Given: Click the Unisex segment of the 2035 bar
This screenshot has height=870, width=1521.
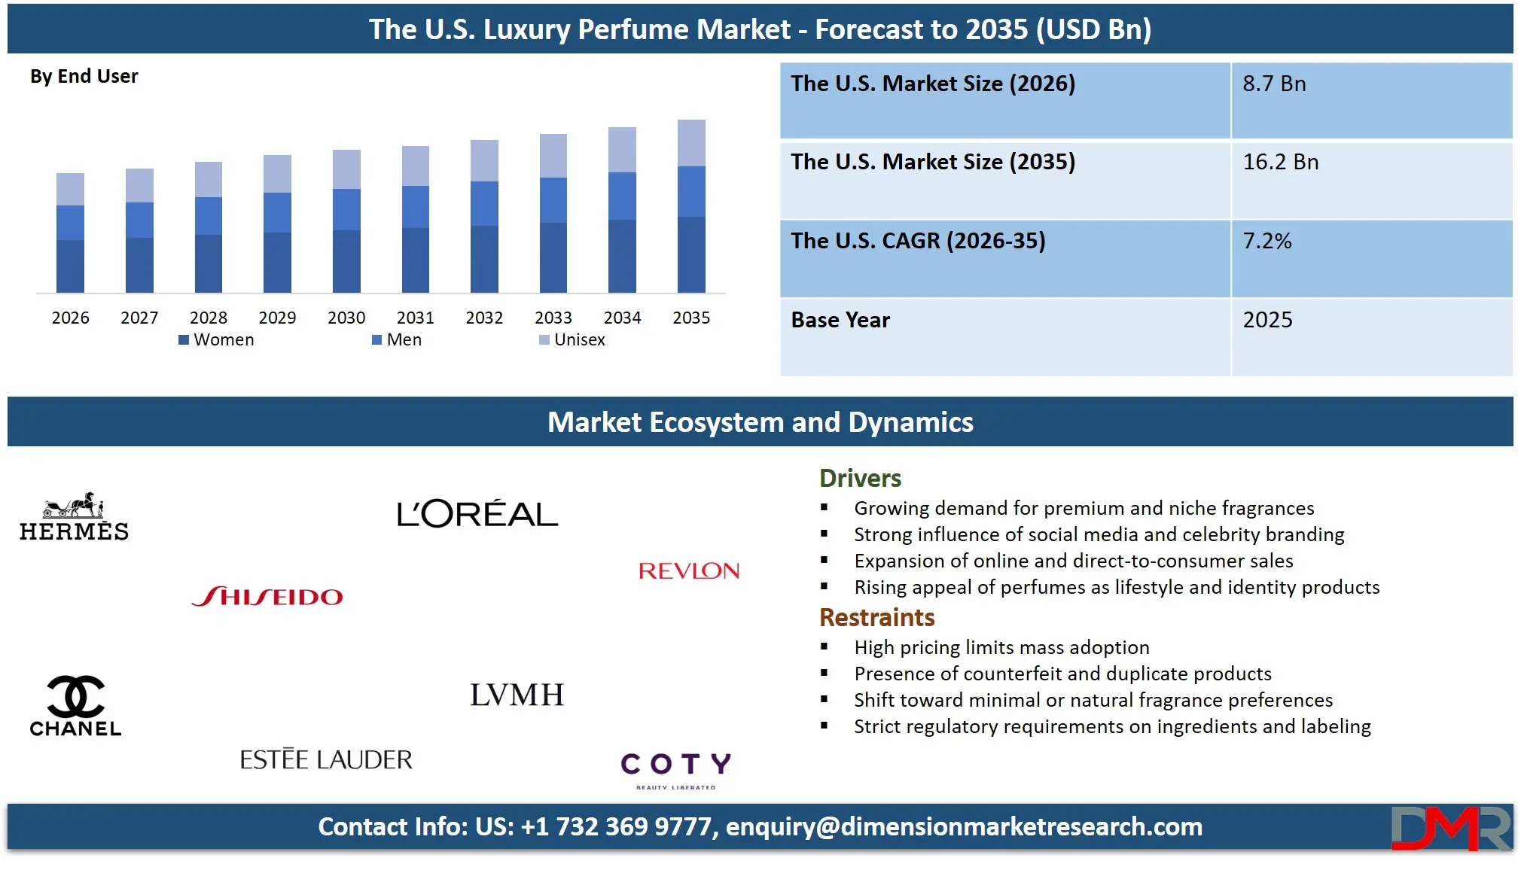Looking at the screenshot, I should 691,143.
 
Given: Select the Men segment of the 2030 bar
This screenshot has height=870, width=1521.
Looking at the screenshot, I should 346,209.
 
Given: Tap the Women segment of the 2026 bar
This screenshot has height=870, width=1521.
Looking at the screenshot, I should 70,266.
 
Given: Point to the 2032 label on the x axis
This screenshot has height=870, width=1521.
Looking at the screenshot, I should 484,318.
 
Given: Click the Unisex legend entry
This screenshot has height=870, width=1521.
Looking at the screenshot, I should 572,340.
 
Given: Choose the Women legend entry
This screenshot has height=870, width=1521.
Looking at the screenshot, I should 217,340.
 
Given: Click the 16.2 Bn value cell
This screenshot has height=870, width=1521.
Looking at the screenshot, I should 1280,163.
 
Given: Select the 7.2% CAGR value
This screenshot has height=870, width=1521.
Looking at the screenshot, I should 1266,242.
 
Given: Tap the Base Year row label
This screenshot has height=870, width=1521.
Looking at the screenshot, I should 840,321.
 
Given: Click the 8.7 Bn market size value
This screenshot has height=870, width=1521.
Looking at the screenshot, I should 1274,84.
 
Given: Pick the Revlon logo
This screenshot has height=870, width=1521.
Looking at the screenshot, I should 688,571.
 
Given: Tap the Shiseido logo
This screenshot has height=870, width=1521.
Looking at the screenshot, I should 267,597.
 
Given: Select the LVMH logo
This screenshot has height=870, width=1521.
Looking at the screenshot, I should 517,695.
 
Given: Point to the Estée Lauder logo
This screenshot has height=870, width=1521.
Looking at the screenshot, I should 326,759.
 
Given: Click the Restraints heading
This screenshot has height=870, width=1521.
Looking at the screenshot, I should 876,618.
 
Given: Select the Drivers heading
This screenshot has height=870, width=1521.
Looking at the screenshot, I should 860,479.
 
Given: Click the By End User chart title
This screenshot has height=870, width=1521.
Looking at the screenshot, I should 84,77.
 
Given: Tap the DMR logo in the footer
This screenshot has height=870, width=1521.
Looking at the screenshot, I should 1450,828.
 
